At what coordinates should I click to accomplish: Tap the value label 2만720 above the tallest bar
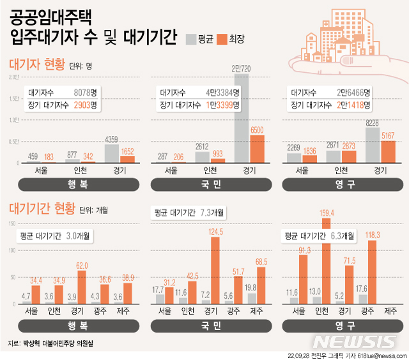242,68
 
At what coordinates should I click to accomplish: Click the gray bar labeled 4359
111,153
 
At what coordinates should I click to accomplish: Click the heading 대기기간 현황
42,209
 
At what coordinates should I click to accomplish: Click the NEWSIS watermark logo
359,340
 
